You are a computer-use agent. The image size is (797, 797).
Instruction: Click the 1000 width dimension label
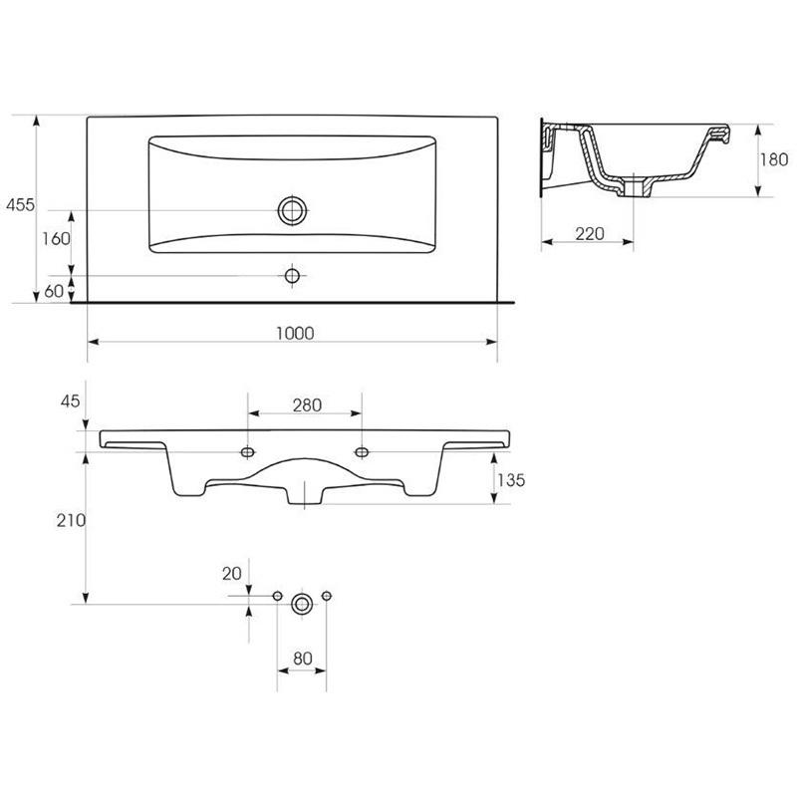point(295,334)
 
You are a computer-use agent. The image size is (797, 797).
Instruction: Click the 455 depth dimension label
point(20,205)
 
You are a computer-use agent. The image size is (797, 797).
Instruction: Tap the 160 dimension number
point(56,238)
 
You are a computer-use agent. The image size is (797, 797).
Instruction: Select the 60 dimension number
point(54,291)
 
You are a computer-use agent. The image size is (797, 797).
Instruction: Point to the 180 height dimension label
point(774,159)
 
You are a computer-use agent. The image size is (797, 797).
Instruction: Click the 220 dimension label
point(590,234)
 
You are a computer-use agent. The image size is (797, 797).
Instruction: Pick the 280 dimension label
point(307,405)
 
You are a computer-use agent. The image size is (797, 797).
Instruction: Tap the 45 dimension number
point(70,401)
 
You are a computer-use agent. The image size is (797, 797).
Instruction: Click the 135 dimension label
point(511,480)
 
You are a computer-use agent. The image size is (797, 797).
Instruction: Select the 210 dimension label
point(71,520)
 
